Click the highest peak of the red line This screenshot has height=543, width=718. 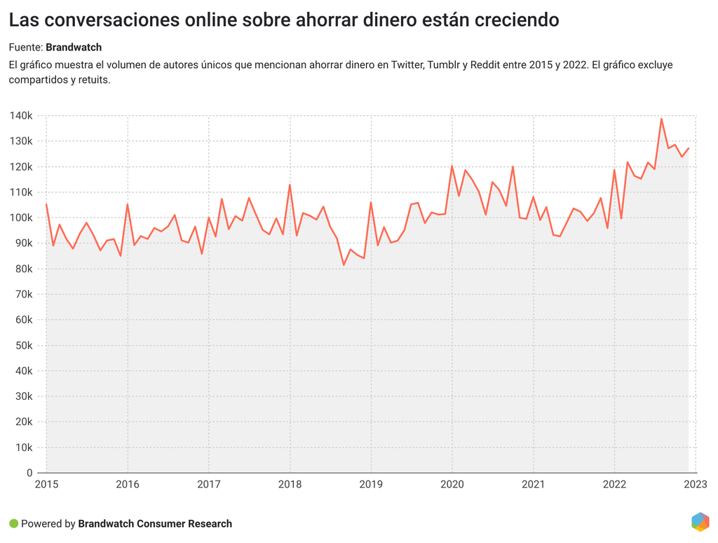tap(661, 119)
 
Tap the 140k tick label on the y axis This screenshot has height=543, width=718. tap(21, 116)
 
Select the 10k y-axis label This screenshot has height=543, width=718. tap(23, 448)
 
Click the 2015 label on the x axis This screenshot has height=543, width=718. tap(46, 484)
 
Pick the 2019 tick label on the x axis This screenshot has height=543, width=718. tap(371, 484)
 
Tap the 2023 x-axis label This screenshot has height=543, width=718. tap(696, 484)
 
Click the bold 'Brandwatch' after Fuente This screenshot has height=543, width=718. tap(74, 47)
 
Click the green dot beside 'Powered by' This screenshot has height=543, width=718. tap(13, 523)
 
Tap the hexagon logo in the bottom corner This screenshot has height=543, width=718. tap(700, 522)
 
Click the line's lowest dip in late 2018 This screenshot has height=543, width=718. tap(344, 264)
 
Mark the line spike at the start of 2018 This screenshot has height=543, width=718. tap(290, 185)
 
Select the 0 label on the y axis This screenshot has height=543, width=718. tap(29, 473)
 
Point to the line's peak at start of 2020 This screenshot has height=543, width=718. tap(452, 166)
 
